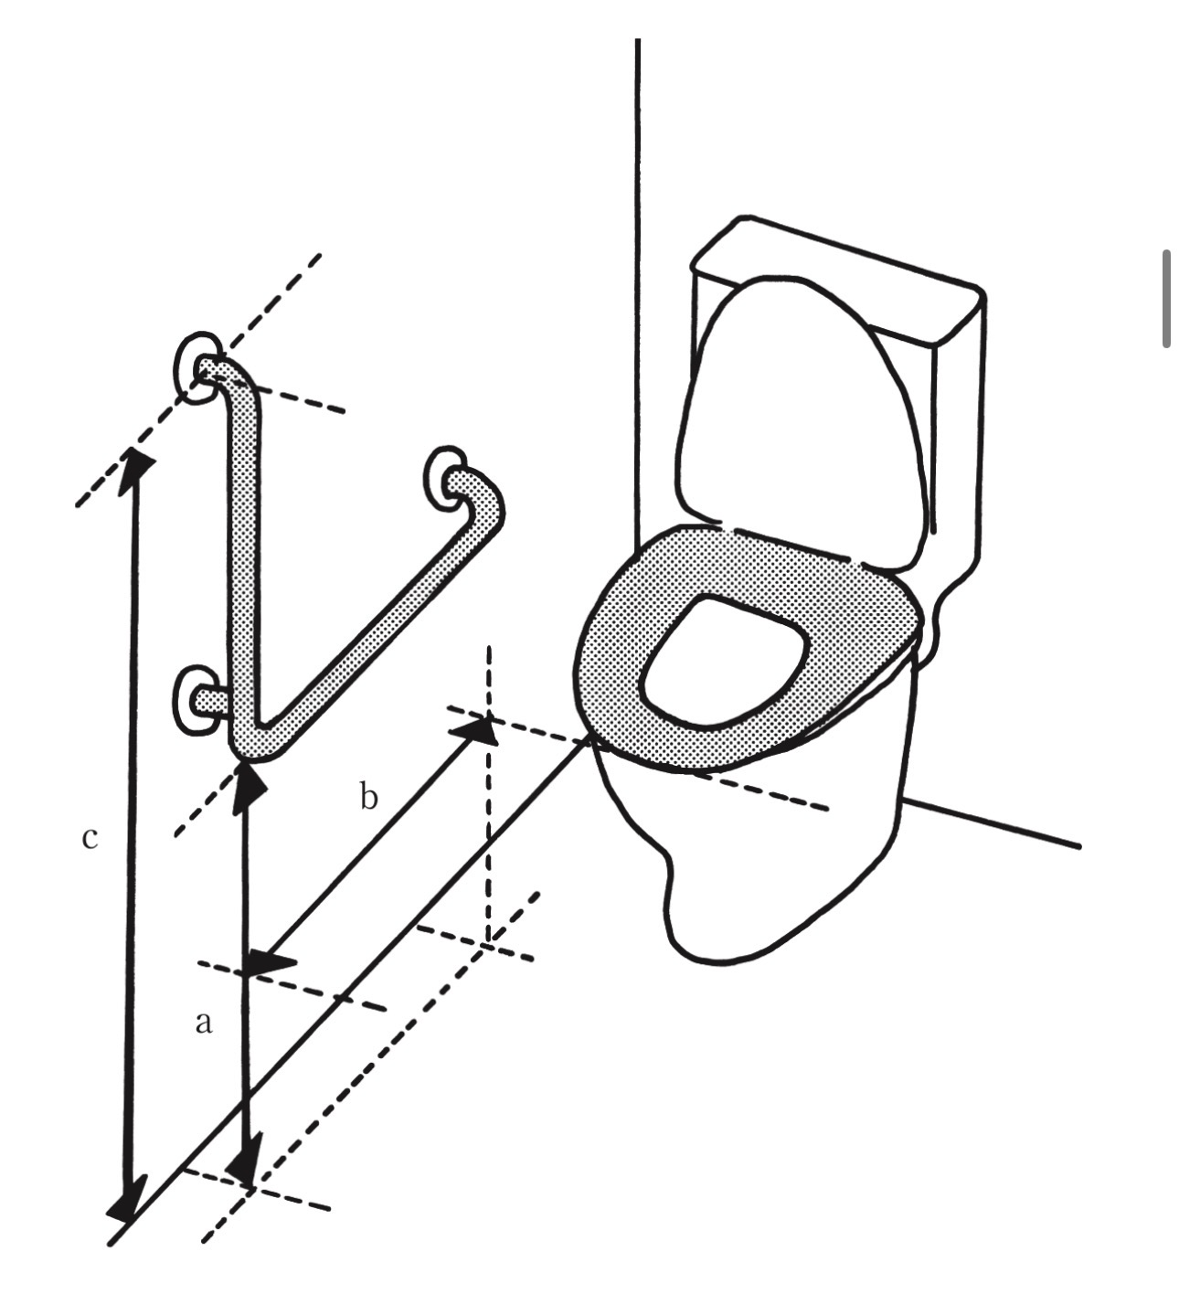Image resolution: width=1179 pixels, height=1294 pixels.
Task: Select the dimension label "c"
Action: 90,837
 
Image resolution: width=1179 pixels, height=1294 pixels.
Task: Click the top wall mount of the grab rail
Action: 196,367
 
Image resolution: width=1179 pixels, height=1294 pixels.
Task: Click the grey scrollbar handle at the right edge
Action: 1166,299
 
